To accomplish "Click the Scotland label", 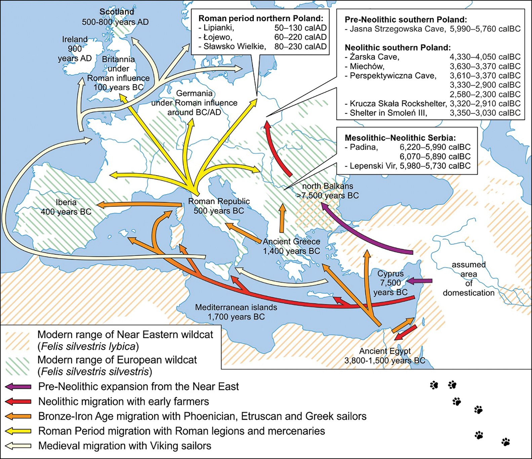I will click(117, 12).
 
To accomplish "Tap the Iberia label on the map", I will click(66, 203).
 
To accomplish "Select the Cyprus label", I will click(390, 274).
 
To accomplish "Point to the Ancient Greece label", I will click(291, 242).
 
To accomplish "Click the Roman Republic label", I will click(219, 202).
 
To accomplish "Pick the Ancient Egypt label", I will click(385, 351).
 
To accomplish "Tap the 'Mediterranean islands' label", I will click(236, 307).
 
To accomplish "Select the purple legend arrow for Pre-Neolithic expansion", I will click(18, 387).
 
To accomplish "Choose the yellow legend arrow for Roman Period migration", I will click(18, 431).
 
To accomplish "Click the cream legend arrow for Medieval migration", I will click(18, 446).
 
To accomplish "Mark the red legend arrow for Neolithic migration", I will click(18, 402).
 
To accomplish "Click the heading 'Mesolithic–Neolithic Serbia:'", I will click(400, 138).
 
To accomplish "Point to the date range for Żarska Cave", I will click(485, 57).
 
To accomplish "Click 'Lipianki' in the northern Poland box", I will click(218, 28).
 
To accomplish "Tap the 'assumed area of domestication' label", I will click(468, 279).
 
